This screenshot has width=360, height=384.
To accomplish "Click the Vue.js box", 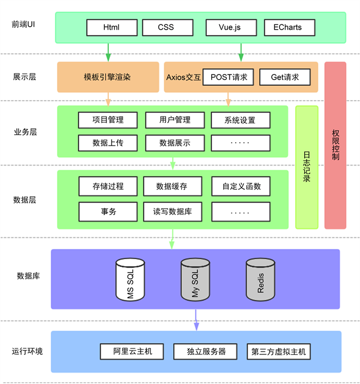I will pyautogui.click(x=230, y=27).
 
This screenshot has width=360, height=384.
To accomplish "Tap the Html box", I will pyautogui.click(x=112, y=27).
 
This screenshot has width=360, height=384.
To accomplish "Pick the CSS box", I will pyautogui.click(x=166, y=27).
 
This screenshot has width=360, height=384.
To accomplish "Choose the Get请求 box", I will pyautogui.click(x=284, y=77).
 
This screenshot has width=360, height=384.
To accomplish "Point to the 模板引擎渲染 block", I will pyautogui.click(x=108, y=77).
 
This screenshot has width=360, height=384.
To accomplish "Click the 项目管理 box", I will pyautogui.click(x=108, y=120).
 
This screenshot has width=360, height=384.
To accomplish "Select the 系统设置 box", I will pyautogui.click(x=240, y=120).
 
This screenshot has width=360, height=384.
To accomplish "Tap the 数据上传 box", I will pyautogui.click(x=108, y=143).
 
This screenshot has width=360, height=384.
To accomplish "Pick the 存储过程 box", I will pyautogui.click(x=108, y=186).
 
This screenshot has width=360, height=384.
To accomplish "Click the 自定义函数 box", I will pyautogui.click(x=240, y=186).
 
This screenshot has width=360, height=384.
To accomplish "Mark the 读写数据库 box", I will pyautogui.click(x=173, y=212).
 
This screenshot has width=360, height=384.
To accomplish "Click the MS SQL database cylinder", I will pyautogui.click(x=130, y=280).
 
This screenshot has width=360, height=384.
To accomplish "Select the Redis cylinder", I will pyautogui.click(x=260, y=280).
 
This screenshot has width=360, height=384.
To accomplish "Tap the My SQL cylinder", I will pyautogui.click(x=195, y=280).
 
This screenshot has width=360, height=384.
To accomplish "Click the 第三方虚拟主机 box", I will pyautogui.click(x=279, y=352).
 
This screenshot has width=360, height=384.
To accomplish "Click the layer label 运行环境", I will pyautogui.click(x=27, y=352).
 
